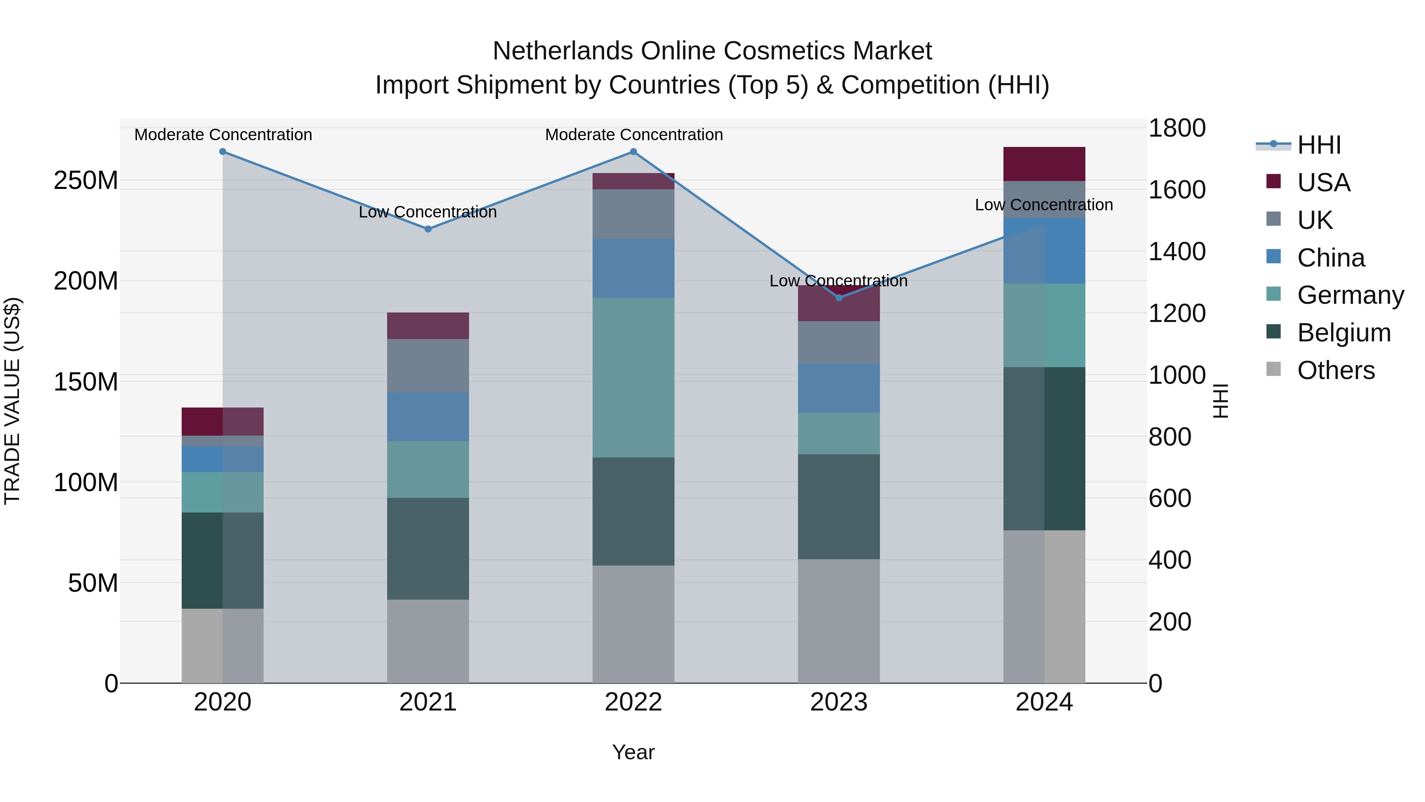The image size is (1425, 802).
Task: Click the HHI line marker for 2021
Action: tap(427, 229)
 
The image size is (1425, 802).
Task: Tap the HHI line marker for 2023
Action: tap(839, 298)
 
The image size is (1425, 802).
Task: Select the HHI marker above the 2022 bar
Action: tap(633, 152)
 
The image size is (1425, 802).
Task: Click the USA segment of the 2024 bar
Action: tap(1044, 164)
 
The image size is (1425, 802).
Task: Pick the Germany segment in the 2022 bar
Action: tap(633, 377)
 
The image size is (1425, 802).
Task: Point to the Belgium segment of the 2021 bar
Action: tap(427, 548)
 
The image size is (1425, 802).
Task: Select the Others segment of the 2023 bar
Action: tap(839, 621)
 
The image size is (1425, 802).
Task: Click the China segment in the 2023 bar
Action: tap(839, 387)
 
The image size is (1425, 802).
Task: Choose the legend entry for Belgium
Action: tap(1344, 333)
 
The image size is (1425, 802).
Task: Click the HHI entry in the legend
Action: tap(1319, 145)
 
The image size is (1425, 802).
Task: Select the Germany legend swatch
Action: tap(1273, 294)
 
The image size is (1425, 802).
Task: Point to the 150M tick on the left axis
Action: tap(86, 381)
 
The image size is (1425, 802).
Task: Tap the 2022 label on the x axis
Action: tap(633, 702)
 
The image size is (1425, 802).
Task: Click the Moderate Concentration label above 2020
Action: tap(223, 135)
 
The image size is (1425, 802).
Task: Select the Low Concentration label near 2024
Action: tap(1044, 205)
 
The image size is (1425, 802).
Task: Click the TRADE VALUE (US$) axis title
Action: tap(12, 401)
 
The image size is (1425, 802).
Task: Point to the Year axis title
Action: tap(633, 752)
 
